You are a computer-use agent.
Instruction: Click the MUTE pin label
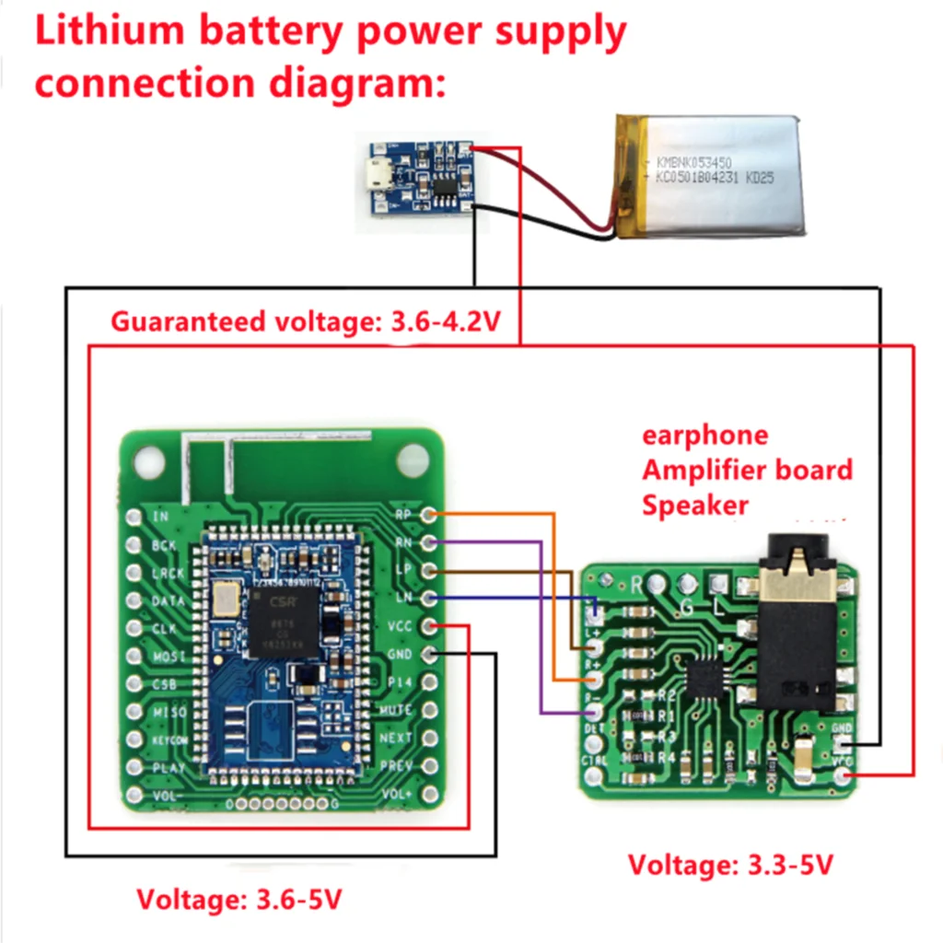(x=395, y=710)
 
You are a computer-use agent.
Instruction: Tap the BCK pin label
(x=164, y=545)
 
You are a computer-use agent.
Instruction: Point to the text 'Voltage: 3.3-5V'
(x=730, y=866)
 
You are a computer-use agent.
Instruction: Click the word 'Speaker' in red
(x=695, y=505)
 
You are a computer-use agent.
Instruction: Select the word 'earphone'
(x=704, y=435)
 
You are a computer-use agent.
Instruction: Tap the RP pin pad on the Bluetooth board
(x=428, y=515)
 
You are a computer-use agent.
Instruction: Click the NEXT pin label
(x=396, y=738)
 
